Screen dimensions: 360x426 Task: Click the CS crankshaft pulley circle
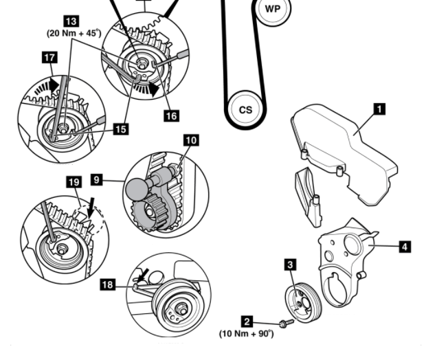245,109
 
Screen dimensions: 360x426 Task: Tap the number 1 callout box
378,109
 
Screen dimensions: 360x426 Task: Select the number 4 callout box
405,245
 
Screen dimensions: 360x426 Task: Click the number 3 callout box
291,264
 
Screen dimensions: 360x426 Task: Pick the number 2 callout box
246,320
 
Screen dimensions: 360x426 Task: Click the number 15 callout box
121,128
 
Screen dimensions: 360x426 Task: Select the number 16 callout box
170,116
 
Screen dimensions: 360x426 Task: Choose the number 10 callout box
190,140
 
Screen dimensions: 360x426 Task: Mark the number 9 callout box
97,179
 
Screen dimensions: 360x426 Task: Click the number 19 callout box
74,182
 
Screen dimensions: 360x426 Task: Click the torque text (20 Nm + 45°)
74,32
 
